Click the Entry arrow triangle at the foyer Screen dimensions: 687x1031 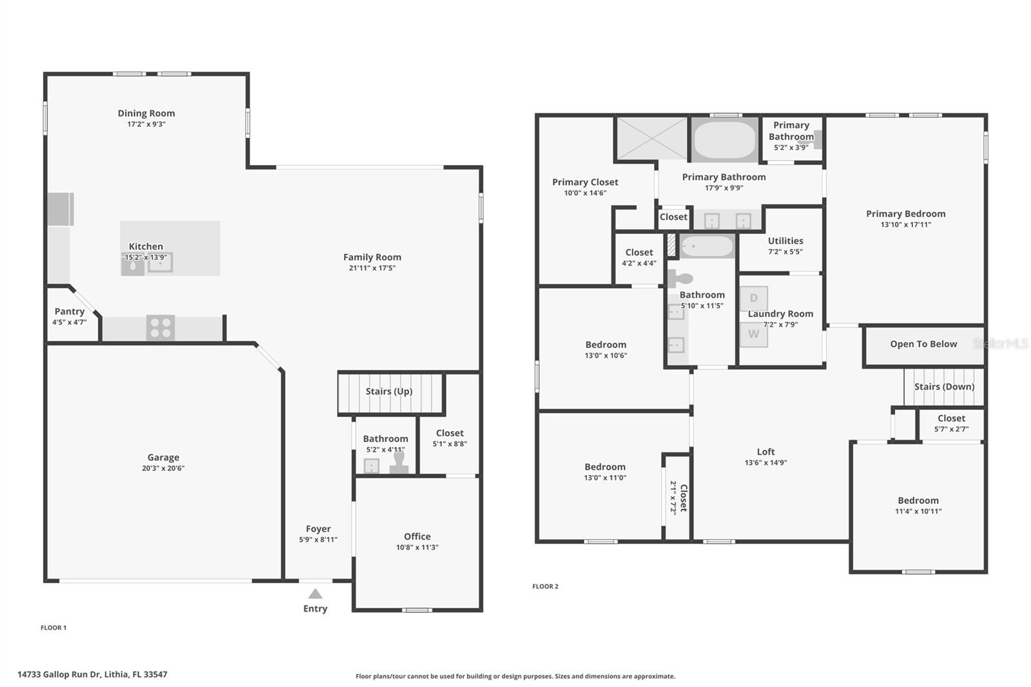click(x=315, y=594)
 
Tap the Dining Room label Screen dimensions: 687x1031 click(x=146, y=113)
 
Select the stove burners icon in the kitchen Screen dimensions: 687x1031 click(x=160, y=327)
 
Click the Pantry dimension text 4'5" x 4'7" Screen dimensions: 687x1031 click(x=70, y=322)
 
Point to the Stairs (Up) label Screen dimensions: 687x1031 click(x=389, y=391)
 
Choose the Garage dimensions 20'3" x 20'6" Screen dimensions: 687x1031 click(x=163, y=469)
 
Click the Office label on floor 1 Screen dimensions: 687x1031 click(x=417, y=536)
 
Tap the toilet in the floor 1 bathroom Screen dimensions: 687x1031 click(x=399, y=463)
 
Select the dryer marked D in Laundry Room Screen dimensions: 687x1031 click(x=753, y=298)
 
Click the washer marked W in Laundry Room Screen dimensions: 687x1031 click(x=753, y=334)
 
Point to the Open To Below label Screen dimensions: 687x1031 click(x=923, y=344)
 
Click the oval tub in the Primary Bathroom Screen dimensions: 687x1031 click(x=724, y=140)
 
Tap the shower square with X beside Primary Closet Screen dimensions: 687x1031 click(x=651, y=137)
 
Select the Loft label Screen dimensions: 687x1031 click(x=766, y=452)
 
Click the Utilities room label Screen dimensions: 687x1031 click(x=785, y=241)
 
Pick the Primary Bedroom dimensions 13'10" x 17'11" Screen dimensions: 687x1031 click(x=905, y=225)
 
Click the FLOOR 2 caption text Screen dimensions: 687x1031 click(x=545, y=586)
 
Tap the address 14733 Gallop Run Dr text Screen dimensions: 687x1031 click(x=92, y=675)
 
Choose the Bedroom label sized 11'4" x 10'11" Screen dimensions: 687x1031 click(x=918, y=501)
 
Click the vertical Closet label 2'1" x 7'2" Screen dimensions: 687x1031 click(x=683, y=498)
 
